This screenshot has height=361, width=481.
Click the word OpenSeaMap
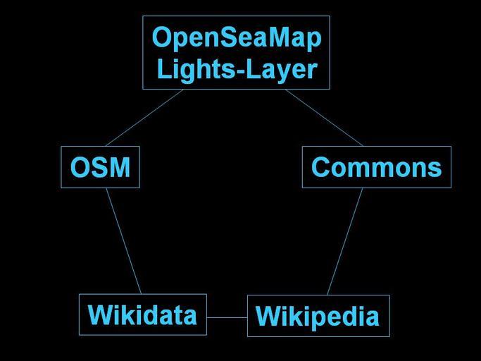tap(237, 38)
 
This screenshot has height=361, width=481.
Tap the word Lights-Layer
tap(237, 70)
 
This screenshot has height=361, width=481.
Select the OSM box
tap(100, 167)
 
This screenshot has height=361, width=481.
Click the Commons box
tap(377, 167)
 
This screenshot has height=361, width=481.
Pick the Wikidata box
tap(143, 314)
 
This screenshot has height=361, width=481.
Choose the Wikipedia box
tap(318, 316)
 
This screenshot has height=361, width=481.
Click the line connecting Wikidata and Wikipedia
tap(227, 317)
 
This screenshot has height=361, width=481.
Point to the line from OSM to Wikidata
tap(124, 241)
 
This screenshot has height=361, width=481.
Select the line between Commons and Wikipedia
tap(345, 241)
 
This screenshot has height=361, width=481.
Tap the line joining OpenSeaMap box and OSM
tap(144, 118)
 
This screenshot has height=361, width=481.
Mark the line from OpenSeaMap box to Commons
tap(324, 118)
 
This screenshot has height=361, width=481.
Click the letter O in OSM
tap(80, 167)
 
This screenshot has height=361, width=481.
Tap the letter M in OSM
tap(118, 167)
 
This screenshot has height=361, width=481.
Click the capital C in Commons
tap(321, 167)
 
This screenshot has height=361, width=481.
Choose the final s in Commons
tap(435, 170)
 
